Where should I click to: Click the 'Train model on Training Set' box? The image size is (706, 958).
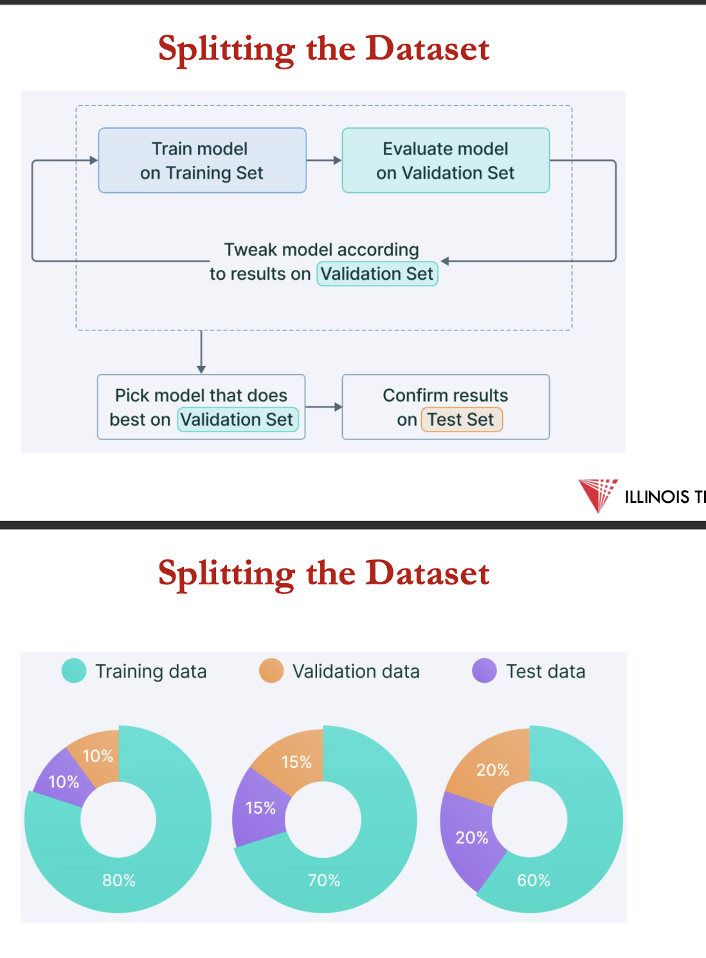tap(202, 160)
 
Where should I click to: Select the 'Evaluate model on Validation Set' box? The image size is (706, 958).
tap(446, 160)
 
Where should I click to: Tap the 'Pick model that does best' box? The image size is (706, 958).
tap(201, 407)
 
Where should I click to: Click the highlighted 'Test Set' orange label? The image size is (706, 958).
tap(461, 420)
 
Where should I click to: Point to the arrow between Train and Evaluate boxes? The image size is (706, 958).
tap(324, 160)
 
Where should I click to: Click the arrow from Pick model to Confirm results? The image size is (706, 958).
tap(323, 407)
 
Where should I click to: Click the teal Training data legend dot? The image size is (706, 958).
tap(74, 671)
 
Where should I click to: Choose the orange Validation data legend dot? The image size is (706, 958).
tap(271, 671)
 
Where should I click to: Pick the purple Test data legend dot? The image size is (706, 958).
tap(484, 671)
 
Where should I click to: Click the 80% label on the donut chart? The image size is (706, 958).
tap(119, 880)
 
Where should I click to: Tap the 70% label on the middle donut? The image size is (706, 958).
tap(323, 880)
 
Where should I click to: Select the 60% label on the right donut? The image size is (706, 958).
tap(534, 880)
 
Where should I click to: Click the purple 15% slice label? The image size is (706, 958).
tap(260, 808)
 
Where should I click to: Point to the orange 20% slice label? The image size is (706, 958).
tap(493, 770)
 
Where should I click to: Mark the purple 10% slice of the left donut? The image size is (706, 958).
tap(64, 782)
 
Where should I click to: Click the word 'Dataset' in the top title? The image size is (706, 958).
tap(428, 49)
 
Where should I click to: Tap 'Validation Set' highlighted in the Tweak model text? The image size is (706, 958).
tap(377, 274)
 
